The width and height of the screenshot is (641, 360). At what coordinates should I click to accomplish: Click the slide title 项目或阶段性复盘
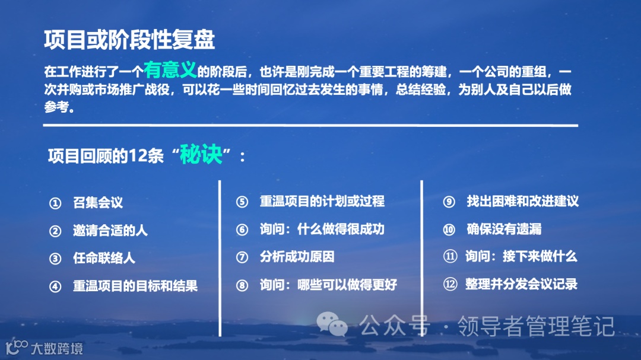(x=129, y=40)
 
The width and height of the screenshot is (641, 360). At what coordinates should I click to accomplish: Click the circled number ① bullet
(x=55, y=203)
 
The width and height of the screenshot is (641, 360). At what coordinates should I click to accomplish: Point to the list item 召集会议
(x=98, y=203)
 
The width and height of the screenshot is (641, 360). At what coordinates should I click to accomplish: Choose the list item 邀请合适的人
(x=110, y=231)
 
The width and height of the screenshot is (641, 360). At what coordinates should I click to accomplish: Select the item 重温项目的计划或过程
(x=322, y=201)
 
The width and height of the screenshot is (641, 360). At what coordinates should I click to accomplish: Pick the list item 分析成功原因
(x=297, y=257)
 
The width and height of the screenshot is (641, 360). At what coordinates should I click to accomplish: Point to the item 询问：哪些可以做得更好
(x=328, y=285)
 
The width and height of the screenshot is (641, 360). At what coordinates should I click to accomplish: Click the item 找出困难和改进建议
(x=522, y=201)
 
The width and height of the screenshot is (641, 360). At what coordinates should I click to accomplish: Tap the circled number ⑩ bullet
(x=449, y=230)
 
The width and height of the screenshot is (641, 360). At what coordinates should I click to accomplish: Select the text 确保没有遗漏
(x=504, y=229)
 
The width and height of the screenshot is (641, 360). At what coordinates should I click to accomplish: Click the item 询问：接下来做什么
(x=521, y=256)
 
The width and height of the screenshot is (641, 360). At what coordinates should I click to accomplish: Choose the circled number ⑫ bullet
(x=449, y=285)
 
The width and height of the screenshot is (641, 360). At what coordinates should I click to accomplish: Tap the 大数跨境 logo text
(x=57, y=348)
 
